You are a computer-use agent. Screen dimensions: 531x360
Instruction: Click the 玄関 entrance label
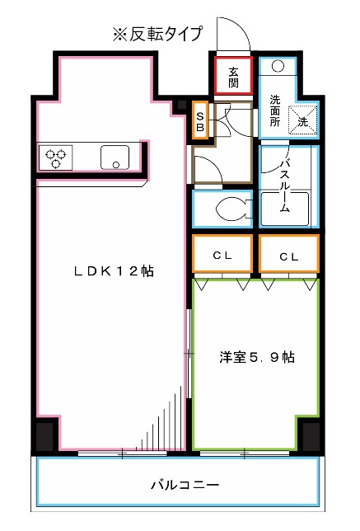coord(233,77)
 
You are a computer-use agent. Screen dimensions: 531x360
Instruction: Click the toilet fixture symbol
coord(230,209)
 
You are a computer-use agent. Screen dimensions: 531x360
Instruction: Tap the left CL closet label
coord(222,256)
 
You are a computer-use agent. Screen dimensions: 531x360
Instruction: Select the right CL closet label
coord(288,256)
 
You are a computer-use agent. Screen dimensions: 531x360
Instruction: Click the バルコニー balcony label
coord(184,485)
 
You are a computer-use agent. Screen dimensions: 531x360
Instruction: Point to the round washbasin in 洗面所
coord(278,66)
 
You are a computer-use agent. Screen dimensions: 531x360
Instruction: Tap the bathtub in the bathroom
coord(288,209)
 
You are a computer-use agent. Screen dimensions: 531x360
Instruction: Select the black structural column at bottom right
coord(311,435)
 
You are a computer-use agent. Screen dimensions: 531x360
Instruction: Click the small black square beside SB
coord(182,106)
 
